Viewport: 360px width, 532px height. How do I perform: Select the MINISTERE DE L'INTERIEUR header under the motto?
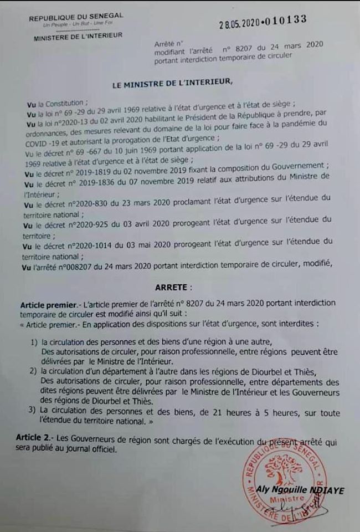tap(78, 38)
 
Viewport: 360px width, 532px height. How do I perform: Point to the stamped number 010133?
tap(286, 20)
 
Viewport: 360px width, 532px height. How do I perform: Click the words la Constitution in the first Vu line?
tap(60, 103)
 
